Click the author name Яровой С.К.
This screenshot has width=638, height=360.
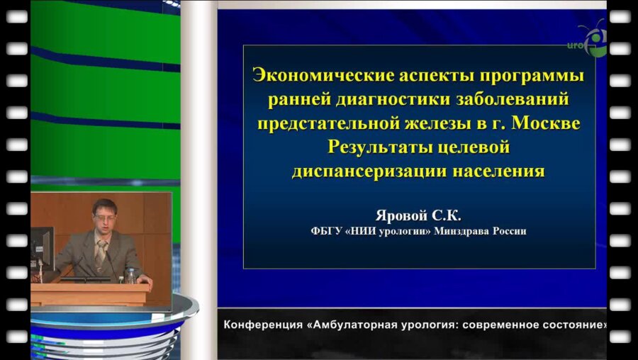pos(422,214)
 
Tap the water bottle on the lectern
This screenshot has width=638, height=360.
pos(130,275)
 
